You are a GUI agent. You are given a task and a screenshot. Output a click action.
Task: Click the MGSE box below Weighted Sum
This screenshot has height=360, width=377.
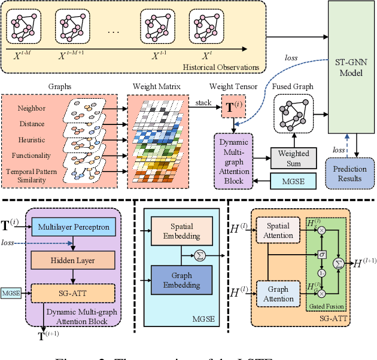point(293,180)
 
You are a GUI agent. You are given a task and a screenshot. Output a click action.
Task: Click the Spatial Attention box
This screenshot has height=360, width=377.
point(278,231)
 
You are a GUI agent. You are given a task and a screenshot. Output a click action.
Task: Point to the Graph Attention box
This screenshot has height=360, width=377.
point(278,294)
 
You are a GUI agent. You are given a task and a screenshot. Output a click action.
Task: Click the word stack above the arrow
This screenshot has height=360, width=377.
point(204,103)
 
